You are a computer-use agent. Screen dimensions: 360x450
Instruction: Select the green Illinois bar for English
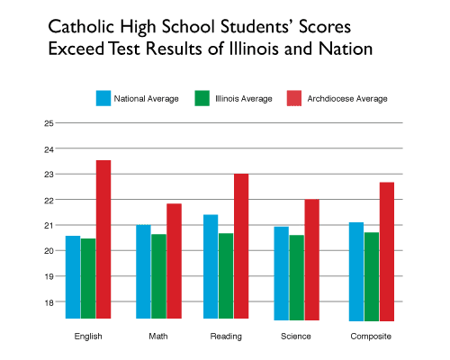88,278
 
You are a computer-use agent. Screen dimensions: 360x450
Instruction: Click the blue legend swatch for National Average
104,98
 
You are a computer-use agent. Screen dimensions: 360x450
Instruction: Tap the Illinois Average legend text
244,98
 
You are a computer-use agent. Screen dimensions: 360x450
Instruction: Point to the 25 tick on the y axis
49,123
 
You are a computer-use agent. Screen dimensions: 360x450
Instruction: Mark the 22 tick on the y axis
49,200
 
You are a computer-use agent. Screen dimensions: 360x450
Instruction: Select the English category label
88,336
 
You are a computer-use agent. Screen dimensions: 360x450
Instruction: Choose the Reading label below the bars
226,336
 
